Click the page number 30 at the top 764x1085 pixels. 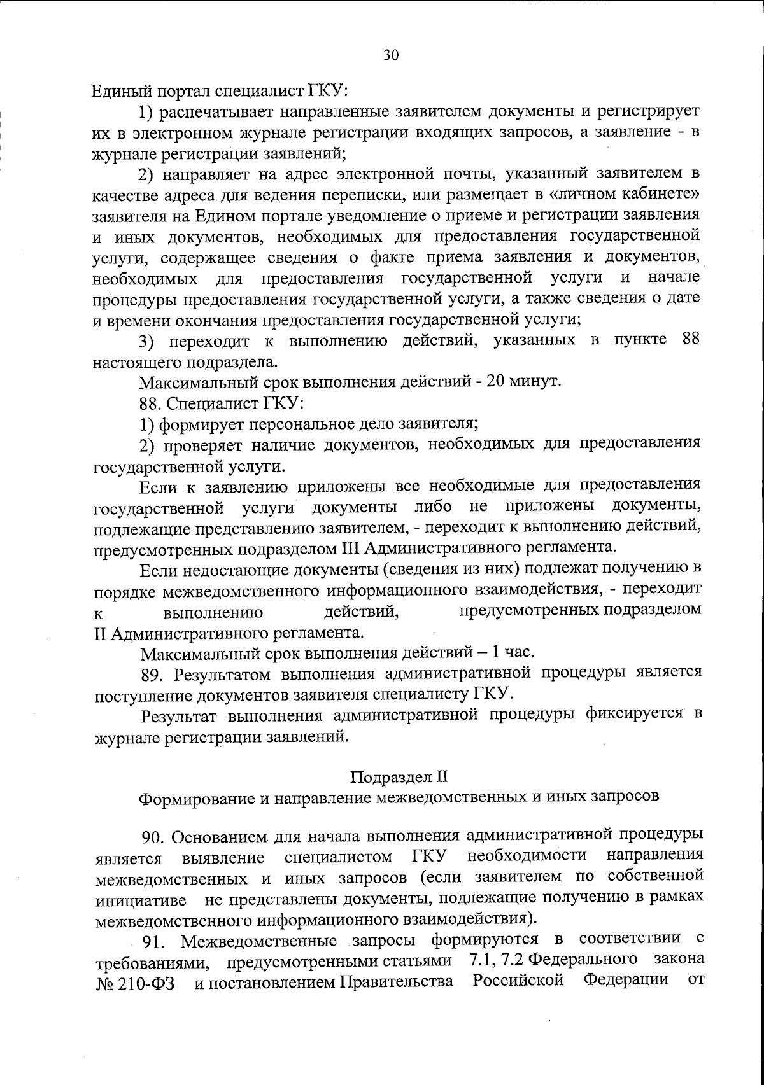[x=390, y=55]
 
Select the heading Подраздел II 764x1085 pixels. [x=399, y=776]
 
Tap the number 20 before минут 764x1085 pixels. [x=495, y=382]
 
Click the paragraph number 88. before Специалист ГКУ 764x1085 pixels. [x=151, y=403]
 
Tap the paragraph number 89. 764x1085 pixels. [x=153, y=674]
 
